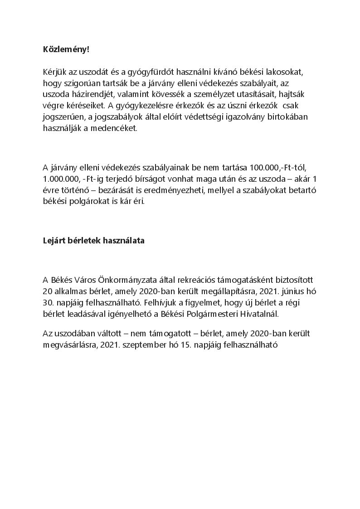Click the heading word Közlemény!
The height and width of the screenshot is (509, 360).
tap(66, 49)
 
